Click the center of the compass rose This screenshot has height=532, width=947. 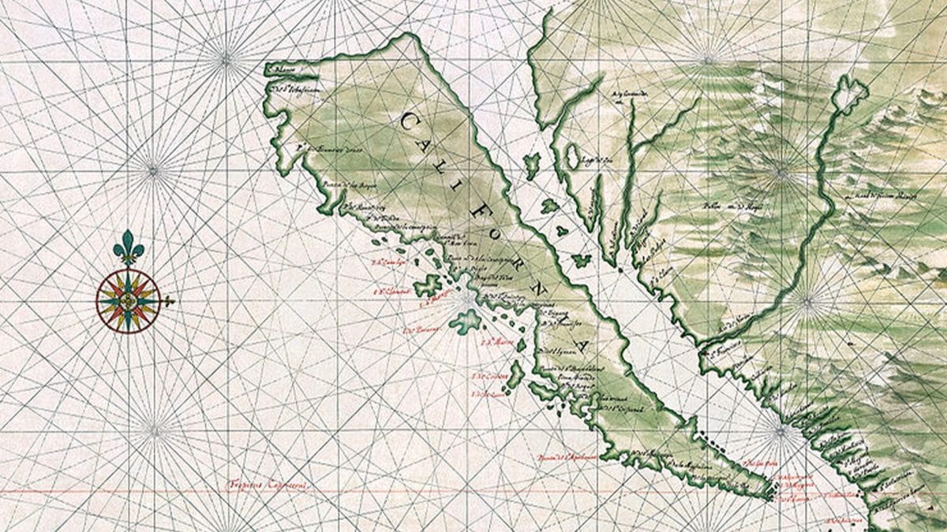(128, 300)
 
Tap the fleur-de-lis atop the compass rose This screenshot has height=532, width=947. (129, 247)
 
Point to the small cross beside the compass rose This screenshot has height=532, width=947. (168, 300)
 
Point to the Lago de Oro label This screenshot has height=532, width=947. (599, 160)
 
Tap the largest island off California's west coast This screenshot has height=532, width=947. (466, 320)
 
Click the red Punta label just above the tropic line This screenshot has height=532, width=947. (565, 456)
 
